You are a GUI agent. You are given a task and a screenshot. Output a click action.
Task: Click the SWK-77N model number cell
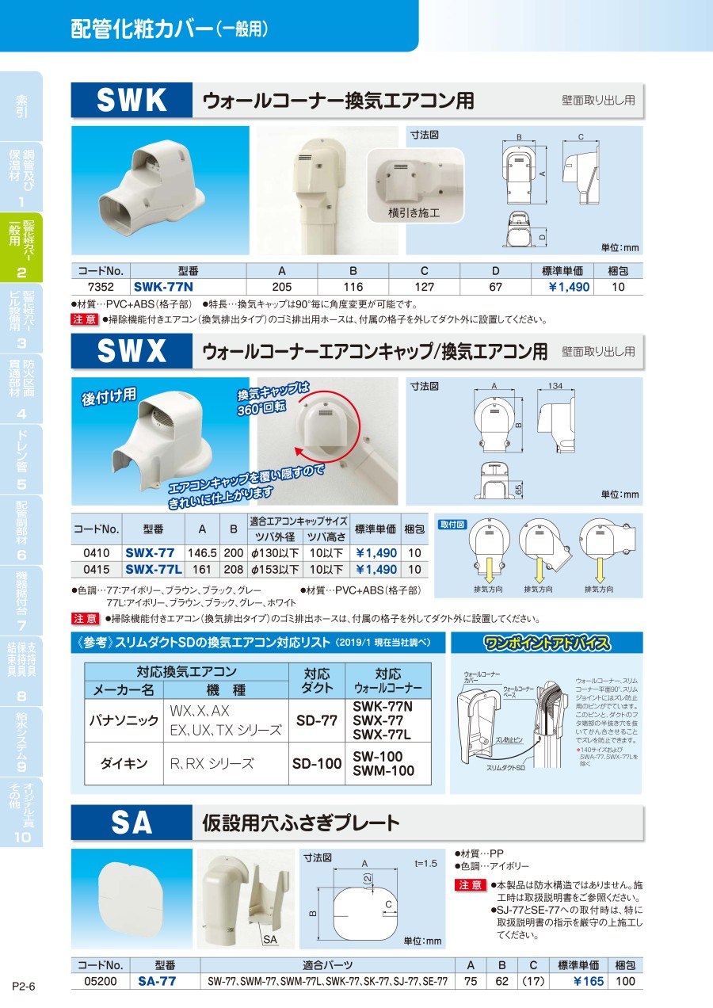click(163, 287)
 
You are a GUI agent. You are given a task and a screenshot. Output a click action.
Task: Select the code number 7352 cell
click(101, 287)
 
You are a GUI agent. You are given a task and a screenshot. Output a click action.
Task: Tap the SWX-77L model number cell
click(154, 569)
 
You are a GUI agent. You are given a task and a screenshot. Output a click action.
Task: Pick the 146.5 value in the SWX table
click(202, 552)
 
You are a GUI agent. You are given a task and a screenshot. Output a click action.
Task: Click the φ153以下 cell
click(275, 569)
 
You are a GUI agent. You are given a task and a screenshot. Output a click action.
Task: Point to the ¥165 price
click(589, 981)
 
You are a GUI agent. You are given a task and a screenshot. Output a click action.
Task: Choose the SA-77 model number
click(157, 981)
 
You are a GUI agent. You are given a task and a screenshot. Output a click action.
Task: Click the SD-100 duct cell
click(317, 763)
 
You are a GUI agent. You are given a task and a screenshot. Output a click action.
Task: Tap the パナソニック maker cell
click(124, 720)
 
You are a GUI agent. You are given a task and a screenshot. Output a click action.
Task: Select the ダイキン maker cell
click(124, 763)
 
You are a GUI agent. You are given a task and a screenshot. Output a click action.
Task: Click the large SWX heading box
click(132, 350)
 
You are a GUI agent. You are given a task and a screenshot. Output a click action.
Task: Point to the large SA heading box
click(132, 823)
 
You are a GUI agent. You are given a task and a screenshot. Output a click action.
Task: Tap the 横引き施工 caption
click(414, 212)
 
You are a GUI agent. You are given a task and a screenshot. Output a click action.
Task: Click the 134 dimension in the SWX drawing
click(555, 386)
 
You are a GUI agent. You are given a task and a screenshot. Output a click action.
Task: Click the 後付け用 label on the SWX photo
click(109, 396)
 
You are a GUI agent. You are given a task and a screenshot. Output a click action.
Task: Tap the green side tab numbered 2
click(21, 247)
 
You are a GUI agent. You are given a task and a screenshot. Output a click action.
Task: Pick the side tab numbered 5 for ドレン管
click(21, 460)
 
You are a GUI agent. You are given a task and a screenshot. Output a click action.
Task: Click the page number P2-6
click(24, 986)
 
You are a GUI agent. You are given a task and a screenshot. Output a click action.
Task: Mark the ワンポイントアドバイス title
click(547, 643)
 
